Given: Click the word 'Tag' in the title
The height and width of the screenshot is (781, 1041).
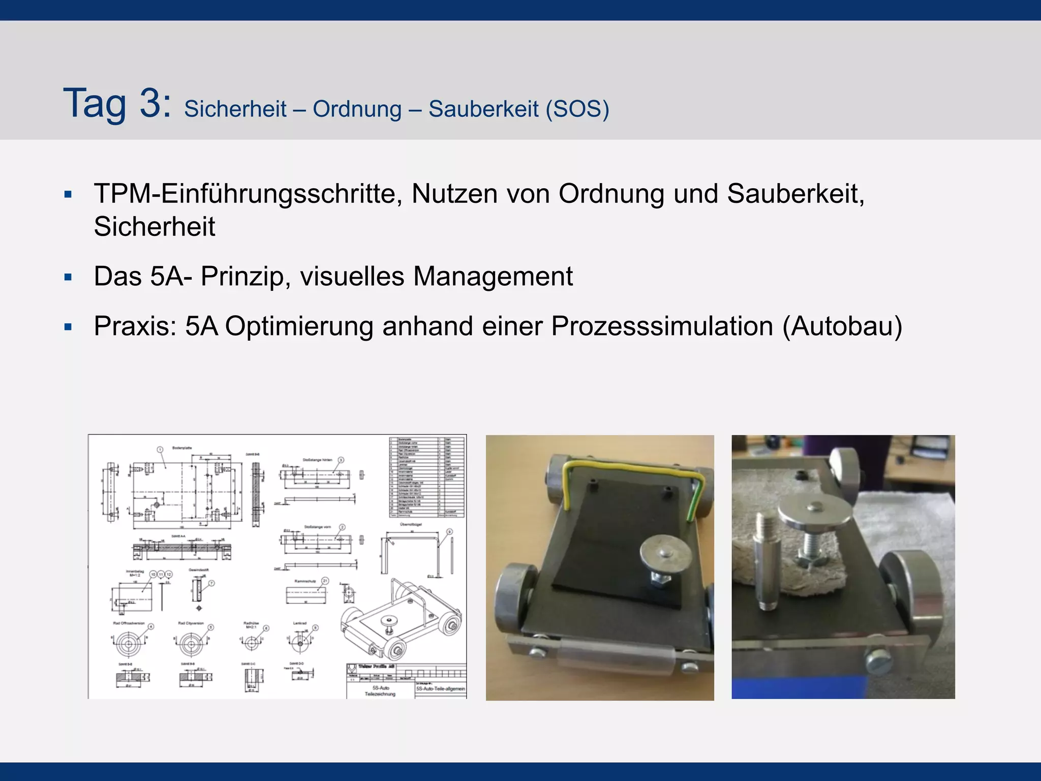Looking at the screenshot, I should [95, 104].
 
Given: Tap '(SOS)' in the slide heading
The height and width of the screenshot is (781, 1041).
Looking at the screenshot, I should [577, 109].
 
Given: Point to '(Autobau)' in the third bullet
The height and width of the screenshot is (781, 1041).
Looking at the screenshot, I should [842, 326].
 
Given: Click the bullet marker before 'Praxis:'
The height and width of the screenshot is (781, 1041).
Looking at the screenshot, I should [68, 327].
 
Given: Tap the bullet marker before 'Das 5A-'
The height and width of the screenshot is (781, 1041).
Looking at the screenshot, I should [68, 278].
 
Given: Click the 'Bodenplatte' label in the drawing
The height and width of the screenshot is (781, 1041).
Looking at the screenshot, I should [181, 448].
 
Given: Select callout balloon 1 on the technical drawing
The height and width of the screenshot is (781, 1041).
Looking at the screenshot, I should [160, 449].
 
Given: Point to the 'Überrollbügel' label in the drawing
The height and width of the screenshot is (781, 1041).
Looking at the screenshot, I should [411, 524].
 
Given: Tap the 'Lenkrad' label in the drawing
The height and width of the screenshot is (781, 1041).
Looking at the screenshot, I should [300, 623].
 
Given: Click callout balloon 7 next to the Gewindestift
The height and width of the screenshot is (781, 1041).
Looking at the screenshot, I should [211, 583].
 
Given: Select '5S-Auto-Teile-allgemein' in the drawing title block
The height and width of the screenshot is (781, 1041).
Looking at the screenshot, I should [440, 689].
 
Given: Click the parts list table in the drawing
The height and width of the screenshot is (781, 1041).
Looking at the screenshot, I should [427, 476].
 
